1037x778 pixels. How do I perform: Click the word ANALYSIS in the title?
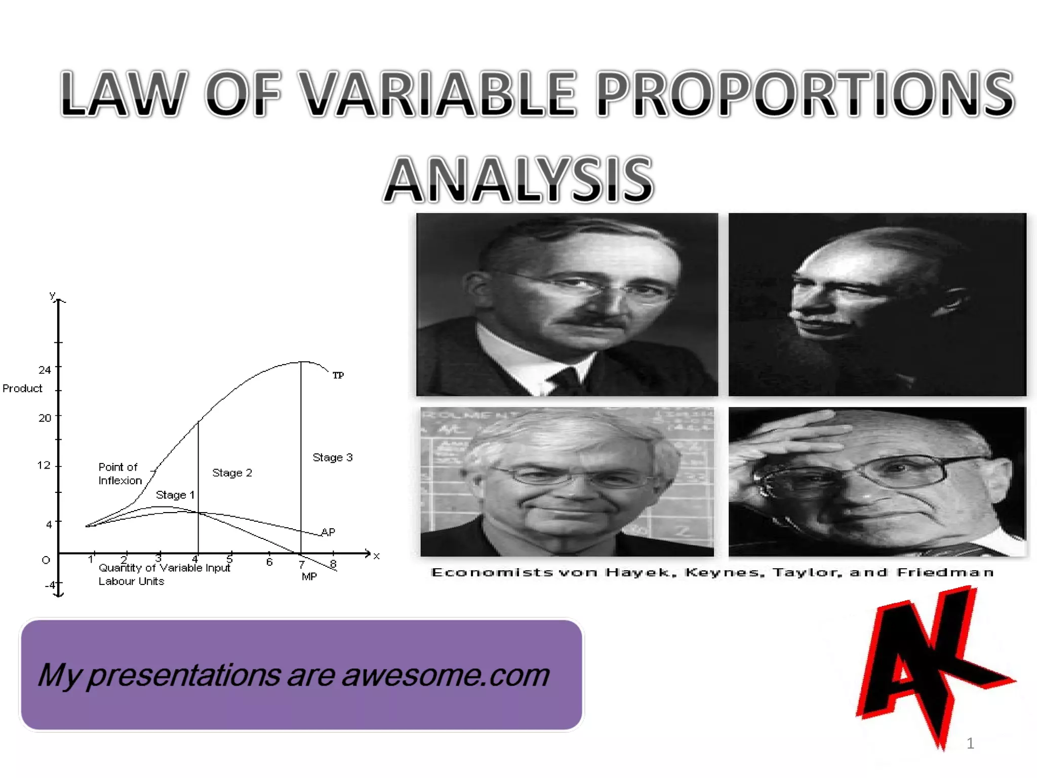point(518,180)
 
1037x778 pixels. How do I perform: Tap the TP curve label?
point(338,375)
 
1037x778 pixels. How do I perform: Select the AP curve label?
point(328,532)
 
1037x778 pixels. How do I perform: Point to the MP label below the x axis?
point(309,576)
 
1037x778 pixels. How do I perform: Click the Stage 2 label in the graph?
point(232,473)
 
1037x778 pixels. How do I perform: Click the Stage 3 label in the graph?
point(332,457)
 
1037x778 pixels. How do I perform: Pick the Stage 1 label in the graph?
point(175,495)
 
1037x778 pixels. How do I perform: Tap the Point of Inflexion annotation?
point(119,474)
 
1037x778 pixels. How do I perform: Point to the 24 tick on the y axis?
point(45,370)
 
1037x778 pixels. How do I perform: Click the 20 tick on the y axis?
point(45,418)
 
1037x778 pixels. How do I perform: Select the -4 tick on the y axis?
point(50,585)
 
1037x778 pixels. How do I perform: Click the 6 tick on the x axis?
point(269,562)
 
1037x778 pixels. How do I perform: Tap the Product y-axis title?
point(22,388)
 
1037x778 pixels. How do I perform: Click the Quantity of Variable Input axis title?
point(164,568)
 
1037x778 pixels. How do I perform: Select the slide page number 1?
point(970,743)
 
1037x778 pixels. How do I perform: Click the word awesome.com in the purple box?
point(446,676)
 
